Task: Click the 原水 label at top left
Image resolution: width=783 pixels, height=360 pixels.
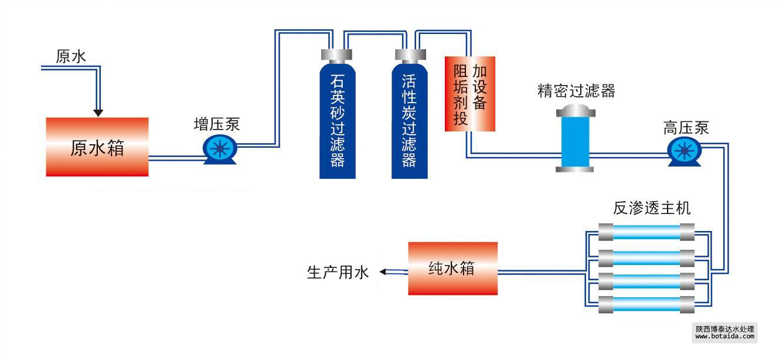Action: (x=71, y=56)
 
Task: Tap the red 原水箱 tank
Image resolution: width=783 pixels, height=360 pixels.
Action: (x=97, y=147)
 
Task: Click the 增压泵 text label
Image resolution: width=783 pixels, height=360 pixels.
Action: (x=217, y=124)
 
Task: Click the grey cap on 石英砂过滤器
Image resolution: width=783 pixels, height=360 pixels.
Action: (x=337, y=55)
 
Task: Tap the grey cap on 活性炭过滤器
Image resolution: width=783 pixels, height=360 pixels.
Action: (x=409, y=55)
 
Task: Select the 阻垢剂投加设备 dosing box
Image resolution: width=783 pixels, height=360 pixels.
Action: (x=470, y=94)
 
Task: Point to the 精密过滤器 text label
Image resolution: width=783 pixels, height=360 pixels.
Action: (x=576, y=91)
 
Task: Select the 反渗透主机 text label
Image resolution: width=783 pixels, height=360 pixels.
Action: (x=652, y=208)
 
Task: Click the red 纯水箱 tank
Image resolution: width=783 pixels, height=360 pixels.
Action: (x=453, y=269)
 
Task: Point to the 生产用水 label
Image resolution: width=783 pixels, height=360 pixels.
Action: (x=338, y=273)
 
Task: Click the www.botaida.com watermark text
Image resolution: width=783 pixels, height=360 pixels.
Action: (x=725, y=337)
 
